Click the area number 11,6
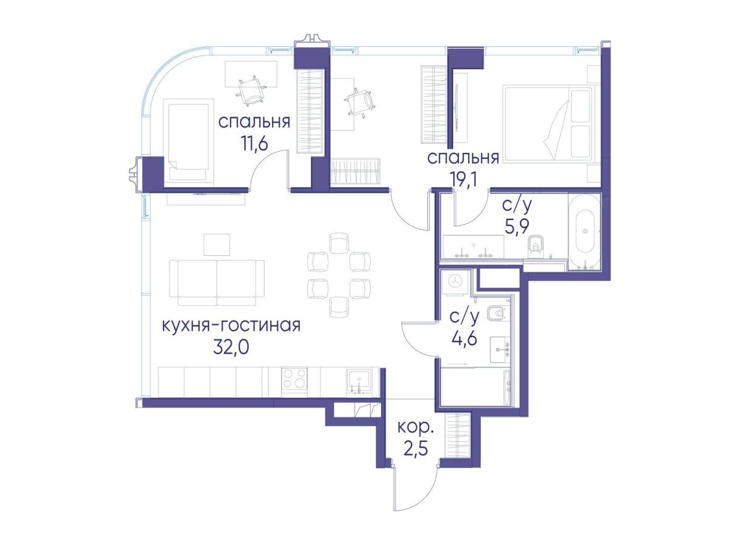point(254,144)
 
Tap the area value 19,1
point(464,180)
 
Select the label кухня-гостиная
point(231,326)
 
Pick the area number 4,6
point(464,338)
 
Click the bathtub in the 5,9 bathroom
point(585,232)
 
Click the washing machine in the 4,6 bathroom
point(455,284)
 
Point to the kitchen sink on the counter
point(359,381)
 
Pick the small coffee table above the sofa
point(217,244)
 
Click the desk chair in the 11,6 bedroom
point(252,91)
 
